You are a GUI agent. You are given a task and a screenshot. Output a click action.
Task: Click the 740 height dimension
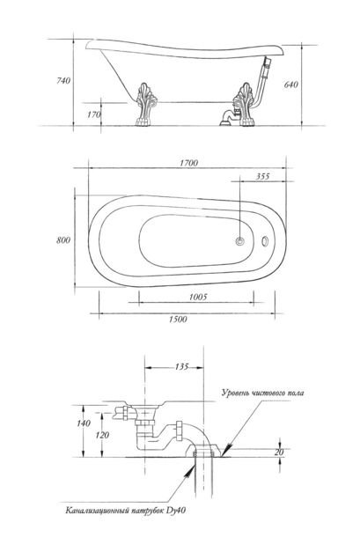point(63,81)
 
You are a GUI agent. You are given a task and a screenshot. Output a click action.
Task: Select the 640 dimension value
point(290,85)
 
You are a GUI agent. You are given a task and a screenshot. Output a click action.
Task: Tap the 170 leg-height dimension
point(94,114)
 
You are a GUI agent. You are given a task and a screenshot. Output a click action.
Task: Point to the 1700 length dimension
point(188,163)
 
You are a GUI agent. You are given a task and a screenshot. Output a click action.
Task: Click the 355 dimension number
point(262,177)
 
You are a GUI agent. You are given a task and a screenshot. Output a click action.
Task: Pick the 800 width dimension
point(63,240)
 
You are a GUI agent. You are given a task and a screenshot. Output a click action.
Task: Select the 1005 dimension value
point(198,297)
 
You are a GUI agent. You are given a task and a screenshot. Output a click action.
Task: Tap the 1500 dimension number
point(178,320)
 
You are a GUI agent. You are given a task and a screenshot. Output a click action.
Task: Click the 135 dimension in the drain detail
point(181,367)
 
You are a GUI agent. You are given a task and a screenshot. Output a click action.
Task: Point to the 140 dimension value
point(84,423)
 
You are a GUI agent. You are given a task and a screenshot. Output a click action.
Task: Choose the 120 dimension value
point(102,435)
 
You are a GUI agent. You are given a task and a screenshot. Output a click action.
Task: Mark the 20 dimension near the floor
point(279,452)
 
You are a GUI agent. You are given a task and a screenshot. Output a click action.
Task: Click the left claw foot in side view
point(147,105)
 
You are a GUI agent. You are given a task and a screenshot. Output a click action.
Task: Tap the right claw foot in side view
point(243,105)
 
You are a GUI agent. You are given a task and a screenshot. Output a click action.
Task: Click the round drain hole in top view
point(240,240)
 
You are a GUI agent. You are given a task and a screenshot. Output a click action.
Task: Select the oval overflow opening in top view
point(265,240)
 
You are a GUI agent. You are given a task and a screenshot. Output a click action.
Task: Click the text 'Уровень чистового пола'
point(262,393)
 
